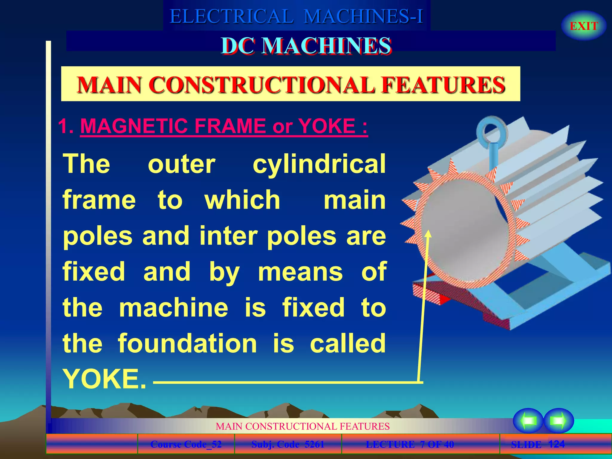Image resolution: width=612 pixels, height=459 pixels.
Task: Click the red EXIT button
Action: click(584, 26)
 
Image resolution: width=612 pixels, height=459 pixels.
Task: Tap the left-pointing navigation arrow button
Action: click(528, 421)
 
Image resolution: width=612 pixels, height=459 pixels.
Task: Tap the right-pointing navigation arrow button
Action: click(558, 421)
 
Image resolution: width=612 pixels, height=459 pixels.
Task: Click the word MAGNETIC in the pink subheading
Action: click(134, 126)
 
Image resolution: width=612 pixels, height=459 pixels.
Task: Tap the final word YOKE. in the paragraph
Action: click(105, 379)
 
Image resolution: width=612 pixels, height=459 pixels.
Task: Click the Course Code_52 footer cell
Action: click(186, 444)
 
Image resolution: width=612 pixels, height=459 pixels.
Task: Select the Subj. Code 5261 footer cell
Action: click(288, 444)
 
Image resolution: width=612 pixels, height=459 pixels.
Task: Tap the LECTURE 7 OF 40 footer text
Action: click(410, 444)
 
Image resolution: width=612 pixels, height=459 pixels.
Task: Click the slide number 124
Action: click(556, 444)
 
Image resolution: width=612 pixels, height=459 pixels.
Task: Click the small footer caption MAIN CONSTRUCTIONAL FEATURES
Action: click(302, 426)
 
